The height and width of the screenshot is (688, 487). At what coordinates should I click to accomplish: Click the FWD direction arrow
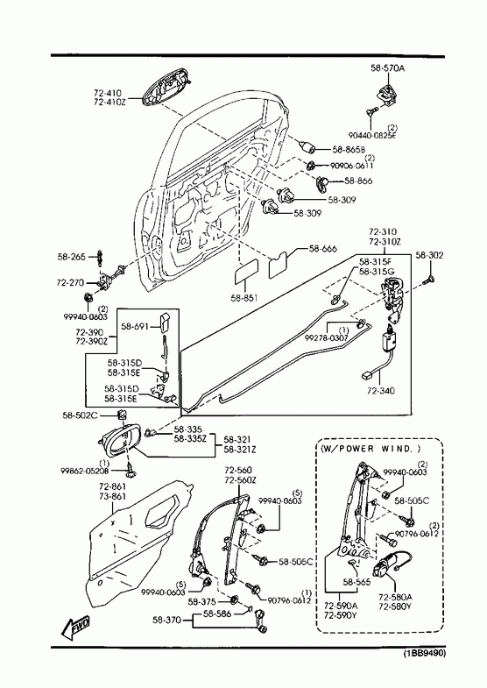(75, 627)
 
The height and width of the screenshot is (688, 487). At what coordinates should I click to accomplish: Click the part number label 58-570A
(387, 68)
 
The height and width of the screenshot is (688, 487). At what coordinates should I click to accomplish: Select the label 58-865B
(349, 149)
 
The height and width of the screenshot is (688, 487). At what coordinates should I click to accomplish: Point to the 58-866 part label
(358, 181)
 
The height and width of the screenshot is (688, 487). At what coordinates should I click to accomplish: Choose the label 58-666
(323, 249)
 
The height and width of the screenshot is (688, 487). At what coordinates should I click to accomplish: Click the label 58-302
(429, 255)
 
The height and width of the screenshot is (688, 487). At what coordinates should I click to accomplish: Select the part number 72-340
(380, 390)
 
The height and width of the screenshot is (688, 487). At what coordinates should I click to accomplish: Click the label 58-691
(135, 326)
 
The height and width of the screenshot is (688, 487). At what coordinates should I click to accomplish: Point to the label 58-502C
(80, 415)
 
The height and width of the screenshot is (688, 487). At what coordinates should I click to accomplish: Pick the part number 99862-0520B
(85, 471)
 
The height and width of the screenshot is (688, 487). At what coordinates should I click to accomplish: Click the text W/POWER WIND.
(371, 449)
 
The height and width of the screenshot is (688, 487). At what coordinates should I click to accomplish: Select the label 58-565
(356, 582)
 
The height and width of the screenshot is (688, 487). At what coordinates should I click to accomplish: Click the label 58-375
(202, 601)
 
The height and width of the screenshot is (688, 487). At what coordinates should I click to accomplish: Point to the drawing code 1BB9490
(424, 653)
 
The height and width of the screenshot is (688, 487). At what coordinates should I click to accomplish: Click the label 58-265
(72, 257)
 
